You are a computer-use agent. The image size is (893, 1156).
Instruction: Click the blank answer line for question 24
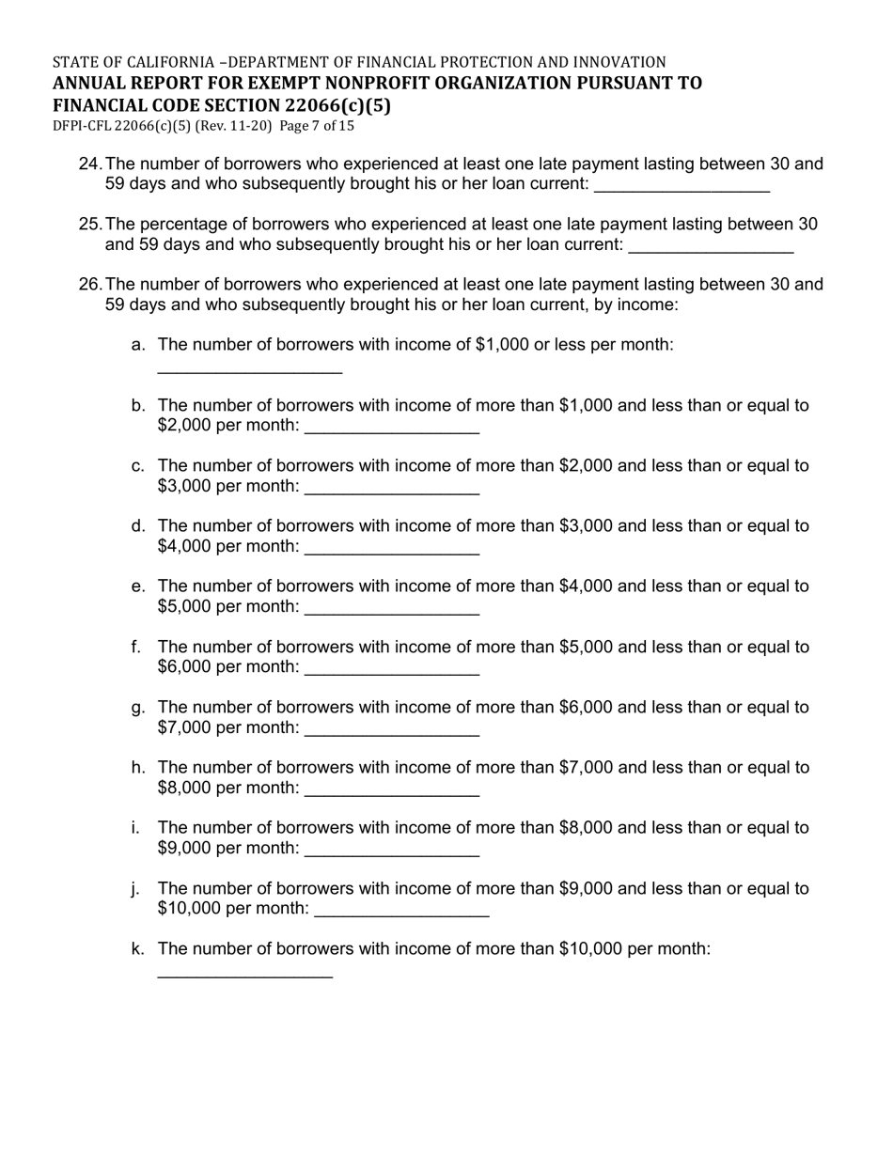[682, 186]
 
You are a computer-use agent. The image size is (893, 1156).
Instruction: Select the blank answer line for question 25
[711, 246]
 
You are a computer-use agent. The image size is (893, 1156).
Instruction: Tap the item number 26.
[89, 285]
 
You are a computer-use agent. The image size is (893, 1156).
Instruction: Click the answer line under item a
[249, 368]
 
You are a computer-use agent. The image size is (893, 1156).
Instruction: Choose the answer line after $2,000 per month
[393, 428]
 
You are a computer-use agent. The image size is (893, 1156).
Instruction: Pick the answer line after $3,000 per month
[393, 488]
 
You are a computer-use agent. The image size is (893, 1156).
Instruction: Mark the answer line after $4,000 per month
[393, 548]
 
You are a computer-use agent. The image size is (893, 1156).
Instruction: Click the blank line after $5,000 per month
[393, 608]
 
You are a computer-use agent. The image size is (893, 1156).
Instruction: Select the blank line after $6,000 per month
[393, 669]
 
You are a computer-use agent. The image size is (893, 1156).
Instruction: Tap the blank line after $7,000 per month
[393, 729]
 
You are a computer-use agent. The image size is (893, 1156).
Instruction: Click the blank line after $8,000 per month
[393, 789]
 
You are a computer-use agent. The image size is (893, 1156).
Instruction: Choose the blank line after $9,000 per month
[393, 850]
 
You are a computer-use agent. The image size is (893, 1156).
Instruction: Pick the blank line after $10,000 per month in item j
[402, 910]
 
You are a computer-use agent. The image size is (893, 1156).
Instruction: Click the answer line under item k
[244, 972]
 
